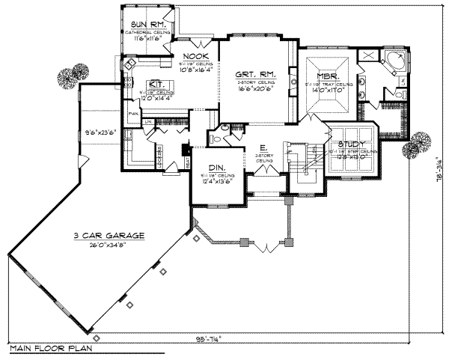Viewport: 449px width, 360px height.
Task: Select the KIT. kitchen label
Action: pyautogui.click(x=156, y=84)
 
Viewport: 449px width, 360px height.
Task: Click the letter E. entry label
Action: pyautogui.click(x=263, y=147)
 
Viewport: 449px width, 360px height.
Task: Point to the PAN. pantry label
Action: pyautogui.click(x=133, y=114)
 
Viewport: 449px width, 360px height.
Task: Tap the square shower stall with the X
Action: pyautogui.click(x=367, y=57)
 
